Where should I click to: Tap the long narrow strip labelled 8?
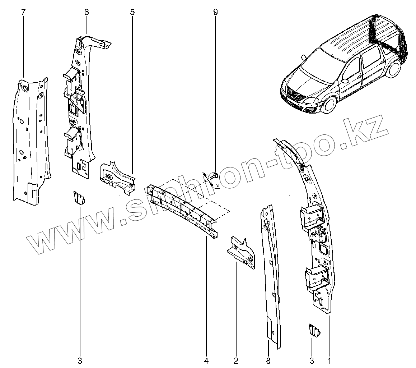point(272,273)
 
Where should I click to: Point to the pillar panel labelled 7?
point(31,144)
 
